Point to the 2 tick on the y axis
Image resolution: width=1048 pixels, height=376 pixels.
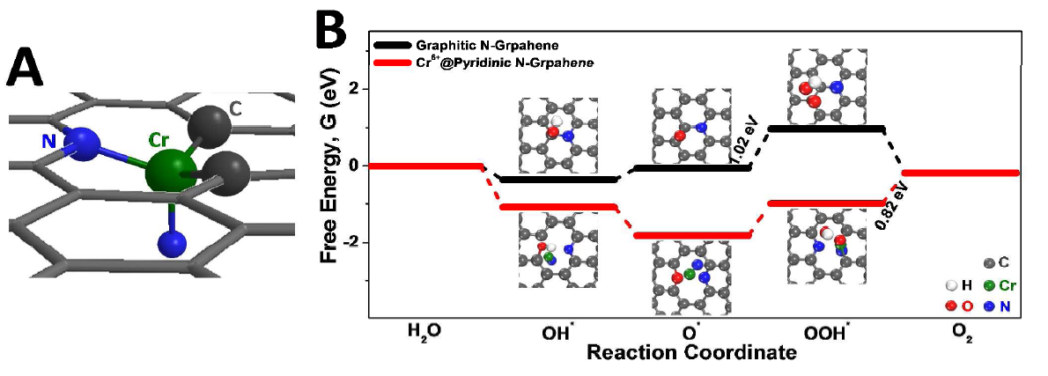pos(353,88)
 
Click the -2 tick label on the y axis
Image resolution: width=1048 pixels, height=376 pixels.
pos(349,242)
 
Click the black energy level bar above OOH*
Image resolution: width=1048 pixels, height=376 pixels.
pos(828,129)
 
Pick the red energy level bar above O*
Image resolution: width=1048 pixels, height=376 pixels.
pos(690,235)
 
